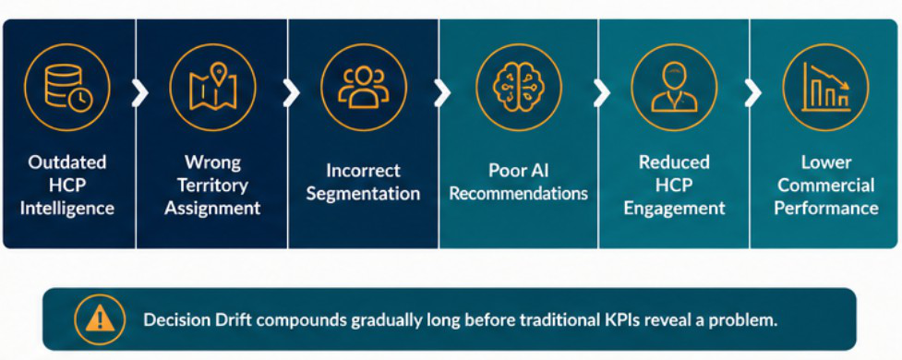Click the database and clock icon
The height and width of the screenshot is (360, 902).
click(67, 88)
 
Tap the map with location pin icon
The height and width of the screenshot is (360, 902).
click(213, 87)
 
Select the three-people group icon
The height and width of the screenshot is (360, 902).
click(364, 87)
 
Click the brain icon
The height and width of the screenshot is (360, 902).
click(520, 87)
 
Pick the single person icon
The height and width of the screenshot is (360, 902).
click(674, 88)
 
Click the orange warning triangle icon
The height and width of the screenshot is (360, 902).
click(100, 318)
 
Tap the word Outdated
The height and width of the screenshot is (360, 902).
click(67, 162)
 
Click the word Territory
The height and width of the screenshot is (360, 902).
click(212, 186)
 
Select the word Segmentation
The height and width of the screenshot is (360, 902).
click(363, 193)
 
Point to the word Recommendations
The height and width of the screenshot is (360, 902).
click(518, 193)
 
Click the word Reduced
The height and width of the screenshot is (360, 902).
click(674, 162)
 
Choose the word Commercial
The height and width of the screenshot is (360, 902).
click(826, 186)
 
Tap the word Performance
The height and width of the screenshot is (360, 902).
click(826, 208)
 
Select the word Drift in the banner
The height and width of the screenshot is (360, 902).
click(214, 319)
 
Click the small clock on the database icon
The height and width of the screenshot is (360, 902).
click(81, 99)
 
